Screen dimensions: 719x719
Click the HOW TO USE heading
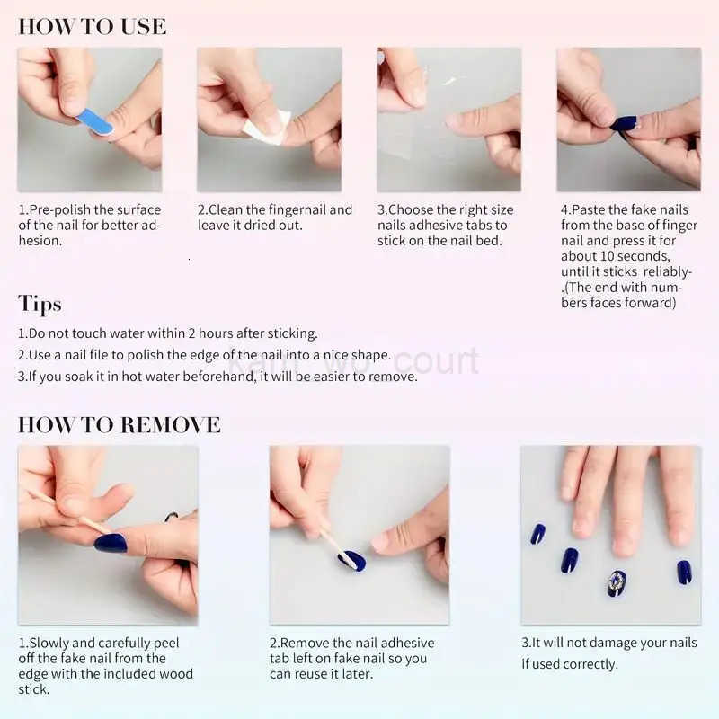[x=92, y=26]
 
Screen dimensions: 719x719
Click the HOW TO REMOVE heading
[x=119, y=424]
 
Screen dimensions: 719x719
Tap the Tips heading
[x=40, y=303]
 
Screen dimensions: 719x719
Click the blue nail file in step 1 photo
[x=94, y=121]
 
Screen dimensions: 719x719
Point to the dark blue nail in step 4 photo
[x=624, y=124]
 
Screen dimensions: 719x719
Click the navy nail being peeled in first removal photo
[x=111, y=542]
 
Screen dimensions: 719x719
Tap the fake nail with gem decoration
[x=617, y=582]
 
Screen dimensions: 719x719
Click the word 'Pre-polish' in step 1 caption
[x=59, y=209]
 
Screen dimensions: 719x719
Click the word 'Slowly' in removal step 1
[x=52, y=643]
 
